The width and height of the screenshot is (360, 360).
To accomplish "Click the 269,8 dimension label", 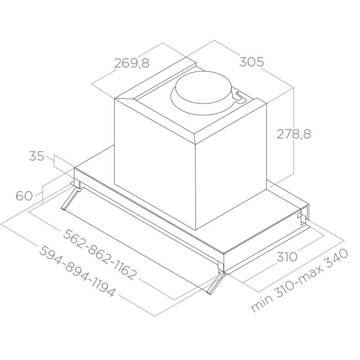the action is click(132, 63).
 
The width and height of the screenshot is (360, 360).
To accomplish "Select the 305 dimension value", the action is click(251, 62).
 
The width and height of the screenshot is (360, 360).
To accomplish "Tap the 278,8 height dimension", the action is click(294, 134).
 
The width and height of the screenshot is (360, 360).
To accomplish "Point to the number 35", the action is click(37, 156).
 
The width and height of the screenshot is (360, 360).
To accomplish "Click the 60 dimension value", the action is click(24, 196).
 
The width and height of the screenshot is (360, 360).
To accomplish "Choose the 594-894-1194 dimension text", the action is click(76, 271).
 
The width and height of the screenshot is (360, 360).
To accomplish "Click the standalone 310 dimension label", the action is click(287, 256).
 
